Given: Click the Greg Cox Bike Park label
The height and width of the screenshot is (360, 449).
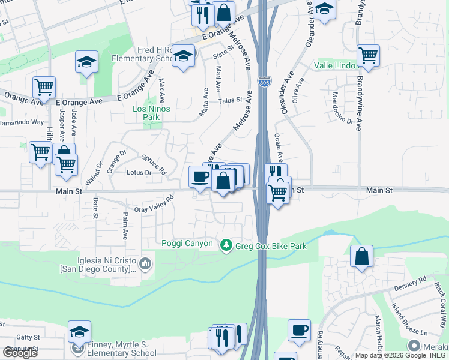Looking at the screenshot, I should click(271, 246).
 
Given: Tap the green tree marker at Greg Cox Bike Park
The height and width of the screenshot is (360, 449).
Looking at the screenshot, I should click(226, 245).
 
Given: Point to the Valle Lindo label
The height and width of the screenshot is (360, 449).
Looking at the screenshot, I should click(333, 65).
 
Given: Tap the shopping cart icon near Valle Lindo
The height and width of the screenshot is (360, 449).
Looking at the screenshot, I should click(368, 56).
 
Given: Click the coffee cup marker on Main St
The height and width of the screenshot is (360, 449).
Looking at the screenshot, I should click(200, 176).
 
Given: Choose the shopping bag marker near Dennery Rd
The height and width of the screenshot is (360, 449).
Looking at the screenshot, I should click(361, 256).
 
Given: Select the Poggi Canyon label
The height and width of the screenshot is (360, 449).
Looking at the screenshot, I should click(187, 243).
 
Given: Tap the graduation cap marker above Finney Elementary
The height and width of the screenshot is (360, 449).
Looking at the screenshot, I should click(79, 331).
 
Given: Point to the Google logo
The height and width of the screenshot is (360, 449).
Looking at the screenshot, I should click(20, 353).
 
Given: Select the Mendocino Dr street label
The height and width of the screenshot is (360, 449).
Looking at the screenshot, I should click(342, 109).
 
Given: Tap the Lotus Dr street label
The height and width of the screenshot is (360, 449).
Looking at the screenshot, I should click(139, 172).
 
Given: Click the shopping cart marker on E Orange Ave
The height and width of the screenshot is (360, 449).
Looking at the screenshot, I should click(44, 88).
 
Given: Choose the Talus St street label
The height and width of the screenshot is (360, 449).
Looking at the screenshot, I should click(229, 100).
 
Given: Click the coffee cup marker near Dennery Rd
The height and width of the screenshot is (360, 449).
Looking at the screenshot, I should click(298, 330).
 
